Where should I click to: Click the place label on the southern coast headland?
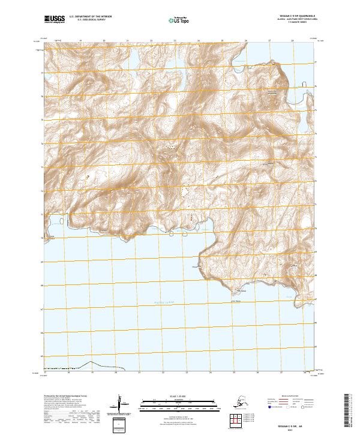point(236,292)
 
